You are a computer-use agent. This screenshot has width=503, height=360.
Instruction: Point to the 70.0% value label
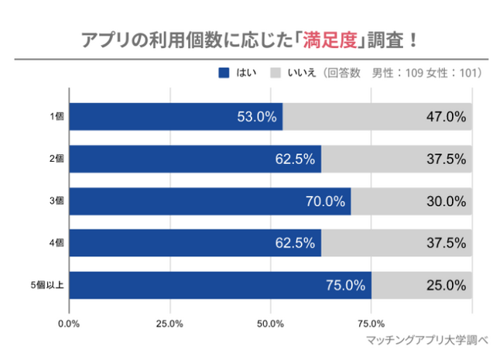click(x=325, y=201)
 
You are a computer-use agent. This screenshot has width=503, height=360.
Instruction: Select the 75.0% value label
click(x=345, y=285)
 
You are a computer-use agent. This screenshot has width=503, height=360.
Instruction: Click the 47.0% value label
click(x=446, y=117)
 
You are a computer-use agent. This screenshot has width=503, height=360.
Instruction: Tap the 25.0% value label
click(x=446, y=285)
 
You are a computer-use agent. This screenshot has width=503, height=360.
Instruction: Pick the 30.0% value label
click(x=446, y=201)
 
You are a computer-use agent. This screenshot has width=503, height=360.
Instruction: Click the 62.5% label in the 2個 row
click(x=295, y=159)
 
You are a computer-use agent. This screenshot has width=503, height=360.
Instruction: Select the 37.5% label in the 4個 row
click(x=446, y=243)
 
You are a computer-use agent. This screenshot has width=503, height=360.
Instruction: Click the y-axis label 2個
click(x=56, y=159)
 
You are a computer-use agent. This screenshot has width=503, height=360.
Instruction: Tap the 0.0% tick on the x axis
click(x=70, y=323)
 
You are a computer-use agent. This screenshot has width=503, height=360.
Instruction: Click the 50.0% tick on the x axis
click(x=271, y=323)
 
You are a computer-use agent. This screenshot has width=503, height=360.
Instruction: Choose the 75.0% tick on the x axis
click(x=371, y=323)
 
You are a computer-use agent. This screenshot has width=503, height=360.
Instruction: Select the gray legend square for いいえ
click(x=275, y=73)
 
